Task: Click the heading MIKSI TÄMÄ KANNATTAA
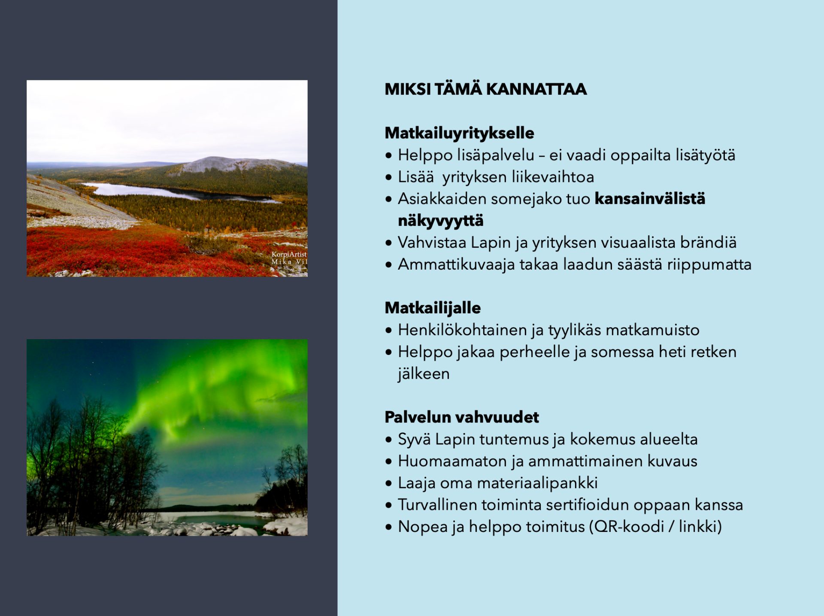[x=485, y=89]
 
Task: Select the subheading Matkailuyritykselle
[x=459, y=133]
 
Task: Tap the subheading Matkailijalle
[x=433, y=308]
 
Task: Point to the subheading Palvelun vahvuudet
[x=462, y=417]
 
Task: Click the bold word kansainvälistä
[x=650, y=199]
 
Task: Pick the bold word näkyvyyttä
[x=441, y=221]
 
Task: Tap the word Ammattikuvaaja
[x=456, y=264]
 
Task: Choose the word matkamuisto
[x=652, y=330]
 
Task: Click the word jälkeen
[x=424, y=373]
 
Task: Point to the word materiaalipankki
[x=537, y=483]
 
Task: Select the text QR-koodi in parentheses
[x=629, y=527]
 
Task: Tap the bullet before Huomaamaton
[x=389, y=462]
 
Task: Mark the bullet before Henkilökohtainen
[x=389, y=331]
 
